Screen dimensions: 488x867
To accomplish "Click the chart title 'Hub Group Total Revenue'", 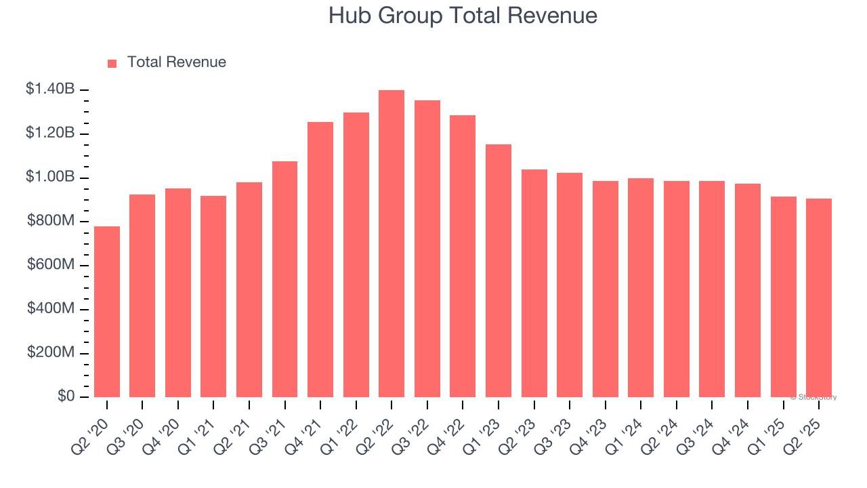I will (x=463, y=16).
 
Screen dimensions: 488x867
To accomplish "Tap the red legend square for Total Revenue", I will (x=112, y=63).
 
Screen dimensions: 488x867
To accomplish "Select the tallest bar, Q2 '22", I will (x=392, y=244).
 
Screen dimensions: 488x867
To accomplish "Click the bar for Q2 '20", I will (x=107, y=312).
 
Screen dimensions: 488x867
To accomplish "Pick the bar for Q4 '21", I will (x=320, y=260).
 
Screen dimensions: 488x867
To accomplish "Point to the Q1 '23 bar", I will (x=499, y=271).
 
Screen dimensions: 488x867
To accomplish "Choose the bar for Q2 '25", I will (x=819, y=298).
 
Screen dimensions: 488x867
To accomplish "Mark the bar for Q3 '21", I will (x=284, y=279).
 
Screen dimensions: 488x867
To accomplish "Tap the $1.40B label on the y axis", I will (x=51, y=89).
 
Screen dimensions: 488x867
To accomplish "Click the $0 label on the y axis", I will (x=66, y=396).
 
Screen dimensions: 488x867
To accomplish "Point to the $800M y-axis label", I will (x=51, y=220).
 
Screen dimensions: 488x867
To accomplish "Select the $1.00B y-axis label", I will (x=51, y=176).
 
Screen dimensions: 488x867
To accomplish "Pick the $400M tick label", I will (x=51, y=308).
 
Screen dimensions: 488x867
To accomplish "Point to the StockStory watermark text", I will (x=813, y=397).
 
